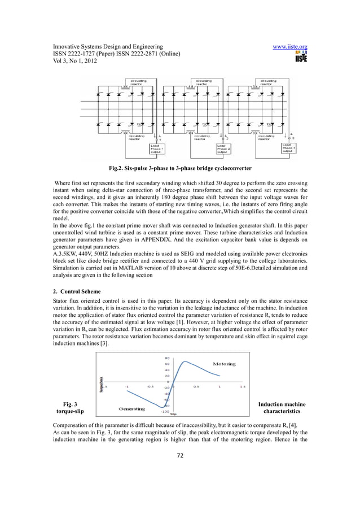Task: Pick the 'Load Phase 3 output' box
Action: pos(289,147)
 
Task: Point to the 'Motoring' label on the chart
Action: pos(224,364)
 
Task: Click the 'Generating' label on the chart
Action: pos(133,408)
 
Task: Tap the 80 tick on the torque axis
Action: pos(168,358)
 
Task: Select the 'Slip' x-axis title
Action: pos(174,413)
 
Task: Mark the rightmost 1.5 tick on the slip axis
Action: pos(243,387)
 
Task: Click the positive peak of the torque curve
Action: pos(185,361)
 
